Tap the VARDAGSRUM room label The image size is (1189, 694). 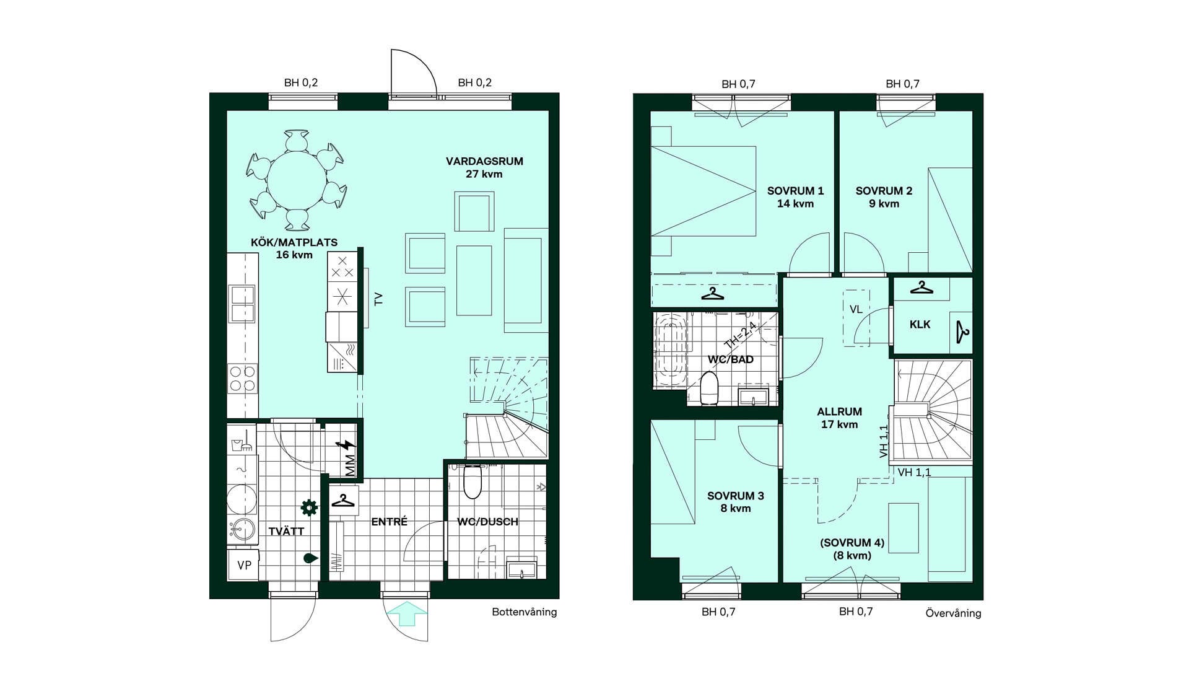[484, 161]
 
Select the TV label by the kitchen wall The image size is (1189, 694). [378, 299]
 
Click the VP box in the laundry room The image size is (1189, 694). [244, 564]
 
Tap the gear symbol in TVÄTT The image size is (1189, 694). [308, 507]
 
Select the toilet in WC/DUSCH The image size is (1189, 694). [473, 481]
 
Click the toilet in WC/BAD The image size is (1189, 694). [709, 388]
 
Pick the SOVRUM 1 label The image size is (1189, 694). [796, 191]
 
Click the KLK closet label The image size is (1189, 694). [920, 324]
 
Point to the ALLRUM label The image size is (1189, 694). [839, 411]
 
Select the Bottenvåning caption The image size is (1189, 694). [525, 612]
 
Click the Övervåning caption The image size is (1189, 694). [953, 613]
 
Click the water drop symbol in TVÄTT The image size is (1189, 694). [310, 558]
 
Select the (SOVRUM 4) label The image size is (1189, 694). [852, 543]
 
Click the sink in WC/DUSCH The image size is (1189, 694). [522, 568]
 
